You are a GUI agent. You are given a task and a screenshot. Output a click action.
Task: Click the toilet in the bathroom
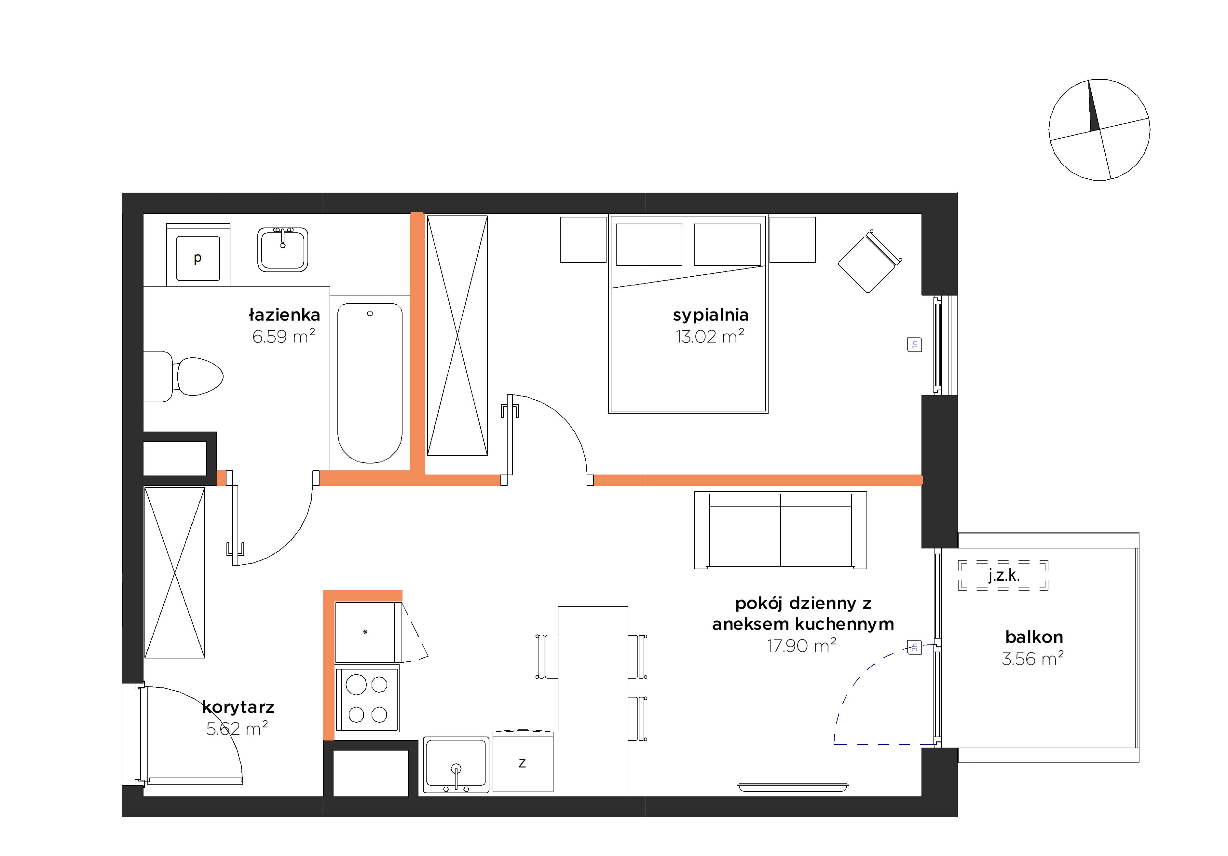pyautogui.click(x=183, y=376)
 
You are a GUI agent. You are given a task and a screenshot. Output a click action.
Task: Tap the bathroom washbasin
pyautogui.click(x=282, y=249)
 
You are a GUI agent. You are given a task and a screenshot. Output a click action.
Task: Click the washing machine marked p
pyautogui.click(x=198, y=255)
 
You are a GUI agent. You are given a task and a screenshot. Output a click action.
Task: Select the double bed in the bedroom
pyautogui.click(x=688, y=314)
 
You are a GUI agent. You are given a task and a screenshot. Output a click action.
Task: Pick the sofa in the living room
pyautogui.click(x=780, y=530)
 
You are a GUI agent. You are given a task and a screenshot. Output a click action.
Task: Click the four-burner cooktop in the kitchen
pyautogui.click(x=367, y=699)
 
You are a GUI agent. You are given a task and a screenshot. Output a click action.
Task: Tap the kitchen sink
pyautogui.click(x=456, y=765)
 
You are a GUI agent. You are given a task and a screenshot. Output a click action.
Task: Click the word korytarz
pyautogui.click(x=238, y=707)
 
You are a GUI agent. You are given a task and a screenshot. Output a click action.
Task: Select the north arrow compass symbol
pyautogui.click(x=1099, y=130)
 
